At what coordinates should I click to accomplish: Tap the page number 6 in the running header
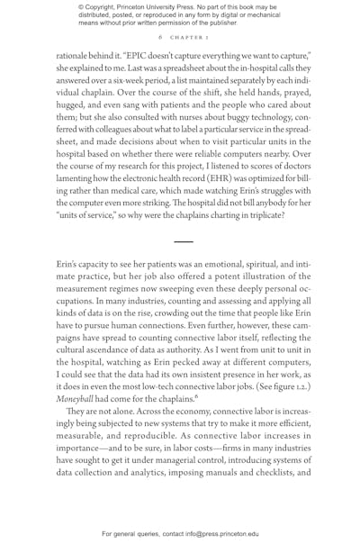click(x=159, y=39)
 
